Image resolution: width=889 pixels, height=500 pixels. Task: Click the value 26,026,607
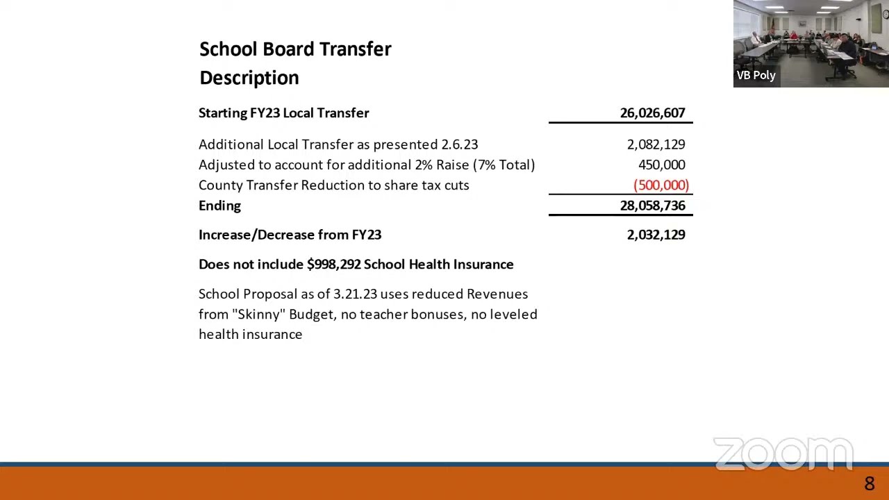(x=652, y=113)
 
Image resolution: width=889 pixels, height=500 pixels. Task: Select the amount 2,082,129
(x=656, y=144)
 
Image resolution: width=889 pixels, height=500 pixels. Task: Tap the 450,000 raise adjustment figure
(x=661, y=165)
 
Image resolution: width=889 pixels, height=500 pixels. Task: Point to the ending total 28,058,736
(x=652, y=206)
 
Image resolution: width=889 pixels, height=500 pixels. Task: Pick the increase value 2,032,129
(x=656, y=235)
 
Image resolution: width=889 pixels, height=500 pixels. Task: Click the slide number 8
(x=869, y=484)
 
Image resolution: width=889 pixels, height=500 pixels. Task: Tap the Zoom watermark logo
(x=783, y=453)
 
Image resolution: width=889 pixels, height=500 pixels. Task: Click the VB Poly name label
(x=756, y=75)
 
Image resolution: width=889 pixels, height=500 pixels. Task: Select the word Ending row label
(x=219, y=206)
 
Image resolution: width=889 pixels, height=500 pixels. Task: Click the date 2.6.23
(x=459, y=144)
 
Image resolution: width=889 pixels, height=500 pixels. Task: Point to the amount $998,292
(x=333, y=265)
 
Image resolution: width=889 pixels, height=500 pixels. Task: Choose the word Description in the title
(x=249, y=78)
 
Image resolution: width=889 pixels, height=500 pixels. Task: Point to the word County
(x=220, y=185)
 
